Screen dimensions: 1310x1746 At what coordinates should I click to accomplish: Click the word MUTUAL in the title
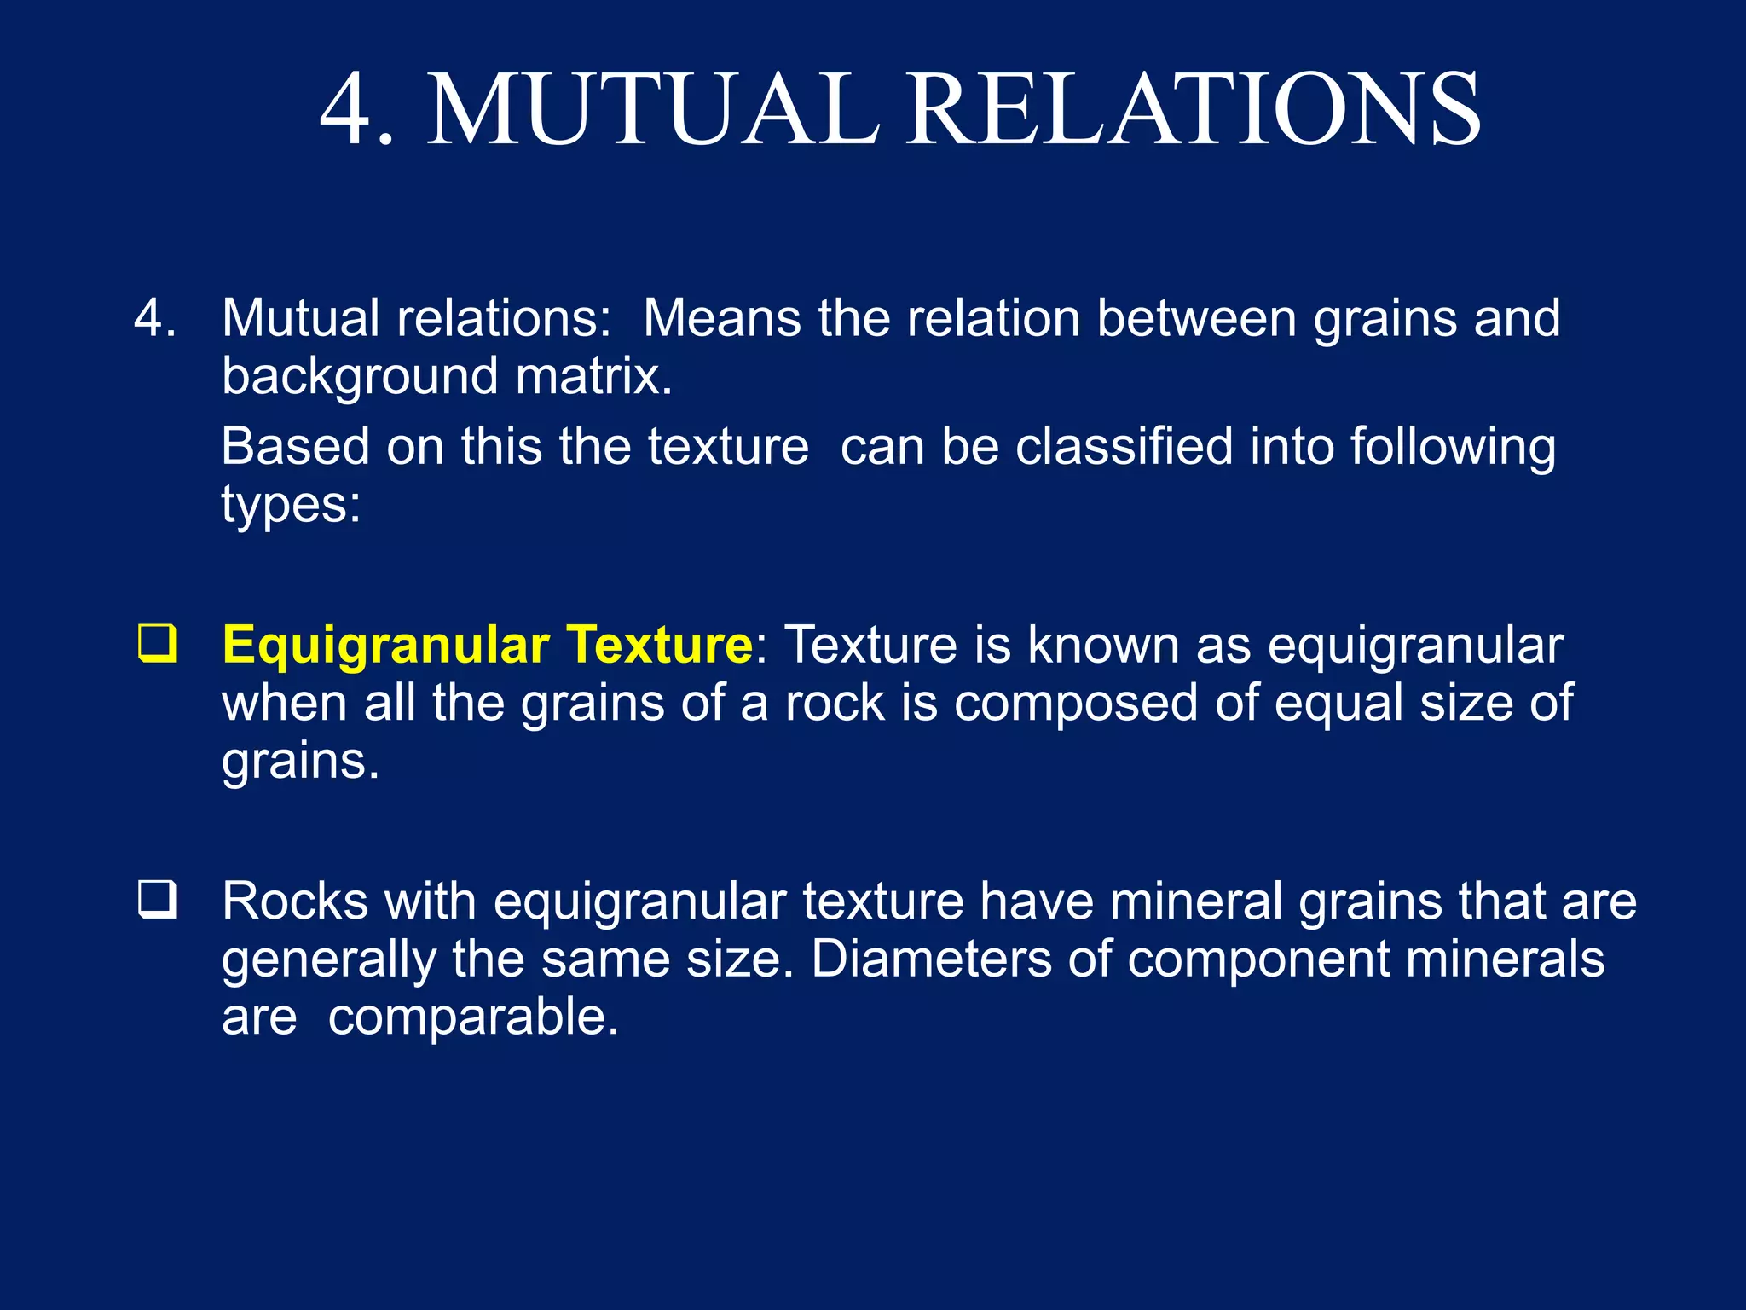tap(652, 110)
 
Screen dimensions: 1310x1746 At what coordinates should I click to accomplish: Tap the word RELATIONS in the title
tap(1193, 110)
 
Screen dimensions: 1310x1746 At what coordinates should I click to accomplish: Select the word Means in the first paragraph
tap(721, 318)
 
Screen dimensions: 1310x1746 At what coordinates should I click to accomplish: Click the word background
tap(360, 376)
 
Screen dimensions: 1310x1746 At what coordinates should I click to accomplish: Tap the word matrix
tap(593, 376)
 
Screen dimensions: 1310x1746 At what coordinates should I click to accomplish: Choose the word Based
tap(295, 446)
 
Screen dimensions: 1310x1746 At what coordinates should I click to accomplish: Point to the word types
tap(291, 506)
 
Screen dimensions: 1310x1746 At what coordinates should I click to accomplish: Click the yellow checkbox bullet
tap(158, 644)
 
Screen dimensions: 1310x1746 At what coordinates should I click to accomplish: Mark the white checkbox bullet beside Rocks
tap(158, 901)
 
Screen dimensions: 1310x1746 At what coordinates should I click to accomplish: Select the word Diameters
tap(931, 959)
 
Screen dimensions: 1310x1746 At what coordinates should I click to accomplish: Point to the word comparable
tap(472, 1017)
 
